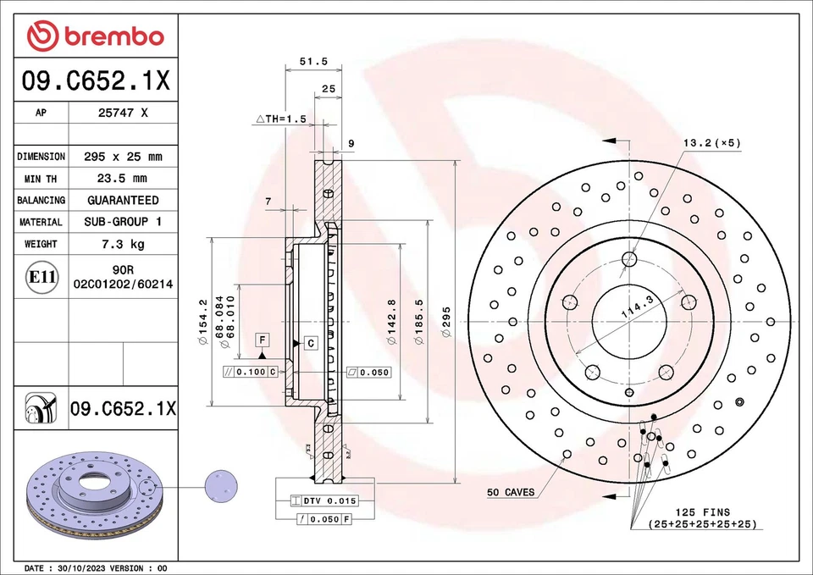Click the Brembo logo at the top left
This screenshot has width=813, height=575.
pos(95,36)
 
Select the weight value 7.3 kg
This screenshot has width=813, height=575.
pos(123,244)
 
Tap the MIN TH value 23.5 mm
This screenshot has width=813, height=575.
pos(123,179)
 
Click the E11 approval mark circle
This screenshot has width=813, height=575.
pos(42,277)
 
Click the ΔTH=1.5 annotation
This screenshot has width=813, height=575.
pos(280,119)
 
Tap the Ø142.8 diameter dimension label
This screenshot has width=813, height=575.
pos(390,322)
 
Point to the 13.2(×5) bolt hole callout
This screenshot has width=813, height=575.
pos(711,142)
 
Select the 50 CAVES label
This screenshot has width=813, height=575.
pos(510,492)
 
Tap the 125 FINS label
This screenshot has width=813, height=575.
pos(702,512)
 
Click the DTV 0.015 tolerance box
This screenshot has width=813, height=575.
pos(324,501)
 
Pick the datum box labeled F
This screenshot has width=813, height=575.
pos(263,340)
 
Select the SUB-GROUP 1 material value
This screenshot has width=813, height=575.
pos(123,222)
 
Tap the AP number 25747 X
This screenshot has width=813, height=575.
pos(123,113)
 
